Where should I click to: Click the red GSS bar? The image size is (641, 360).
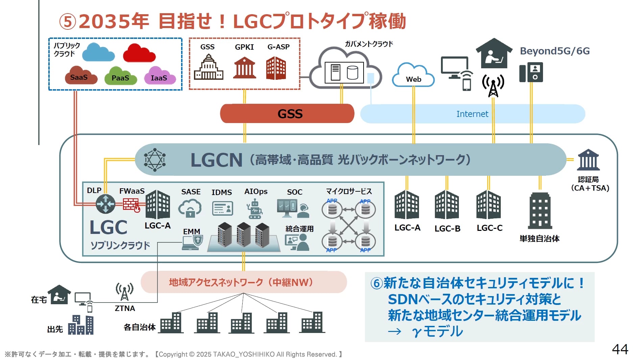tap(287, 114)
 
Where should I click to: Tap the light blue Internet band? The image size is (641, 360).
tap(472, 114)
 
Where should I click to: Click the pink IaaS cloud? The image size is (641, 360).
tap(160, 76)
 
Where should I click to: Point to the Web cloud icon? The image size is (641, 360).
tap(413, 76)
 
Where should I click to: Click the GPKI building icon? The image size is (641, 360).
tap(244, 68)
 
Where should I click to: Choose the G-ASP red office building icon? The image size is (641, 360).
tap(276, 68)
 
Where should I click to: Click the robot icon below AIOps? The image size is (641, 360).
tap(254, 209)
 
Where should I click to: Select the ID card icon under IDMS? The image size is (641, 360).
tap(222, 208)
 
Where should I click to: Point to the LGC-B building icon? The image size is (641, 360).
tap(447, 205)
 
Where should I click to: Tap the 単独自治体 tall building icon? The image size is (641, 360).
tap(540, 211)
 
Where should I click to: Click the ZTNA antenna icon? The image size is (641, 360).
tap(124, 291)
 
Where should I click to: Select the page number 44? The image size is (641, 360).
tap(620, 349)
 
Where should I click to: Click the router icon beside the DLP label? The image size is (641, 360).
tap(105, 204)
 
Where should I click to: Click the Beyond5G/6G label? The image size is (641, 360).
tap(554, 51)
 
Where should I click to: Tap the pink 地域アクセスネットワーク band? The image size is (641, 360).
tap(243, 282)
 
